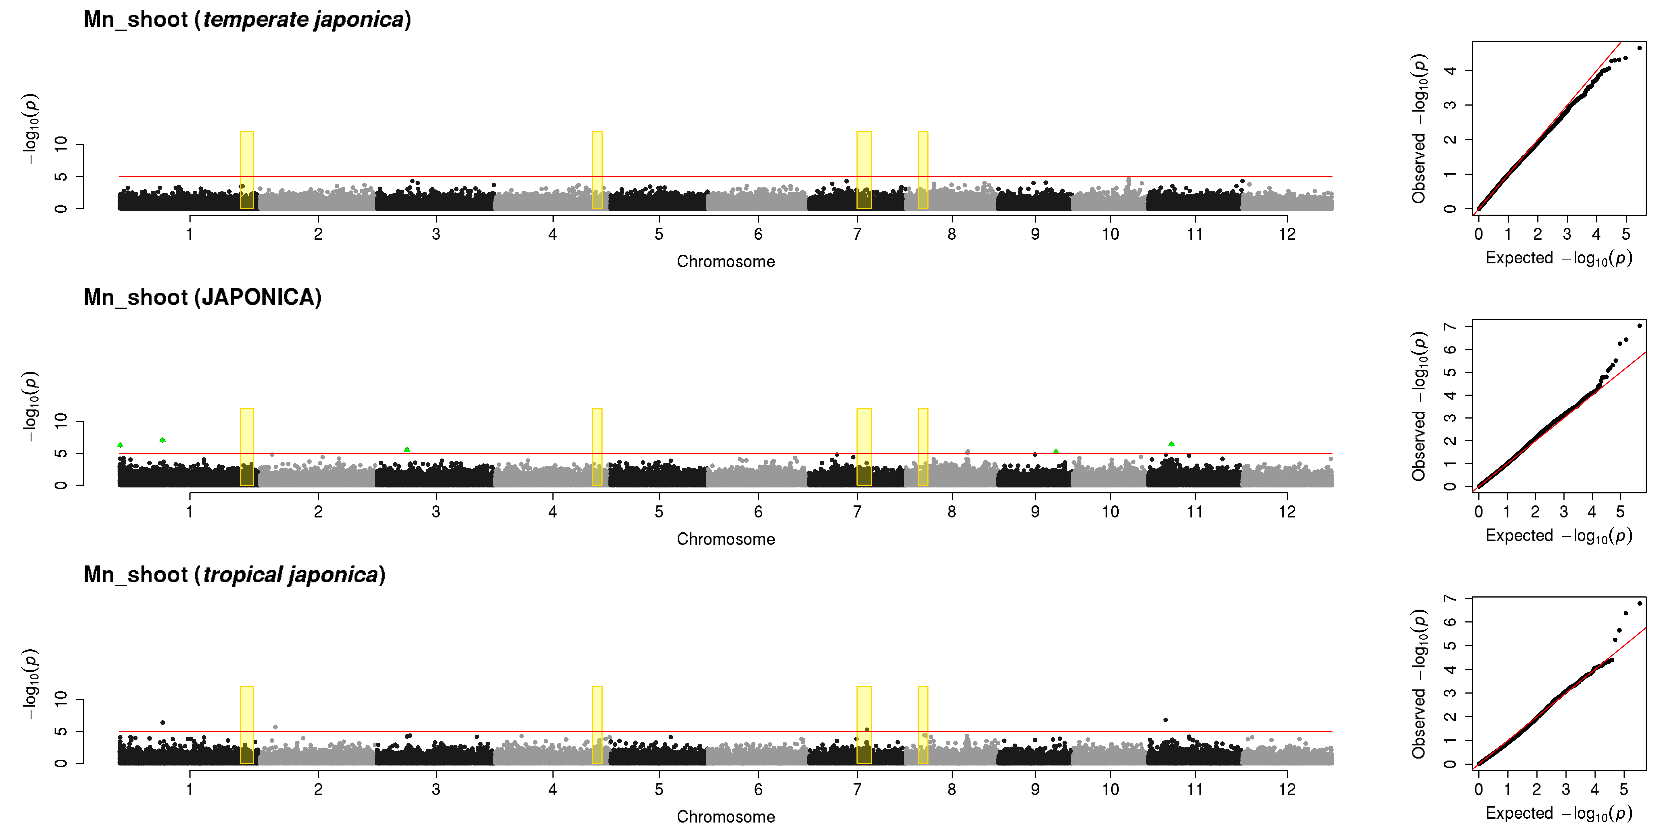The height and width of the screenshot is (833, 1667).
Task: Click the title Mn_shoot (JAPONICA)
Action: click(x=202, y=297)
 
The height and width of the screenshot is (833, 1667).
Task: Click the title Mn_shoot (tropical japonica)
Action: click(x=234, y=575)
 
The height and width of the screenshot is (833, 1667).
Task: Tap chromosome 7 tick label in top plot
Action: click(x=857, y=234)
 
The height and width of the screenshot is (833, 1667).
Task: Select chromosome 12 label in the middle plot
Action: click(x=1287, y=512)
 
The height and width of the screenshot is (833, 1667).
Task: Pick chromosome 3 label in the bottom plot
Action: click(x=436, y=789)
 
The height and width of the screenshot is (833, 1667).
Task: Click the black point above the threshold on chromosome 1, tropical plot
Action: click(x=162, y=722)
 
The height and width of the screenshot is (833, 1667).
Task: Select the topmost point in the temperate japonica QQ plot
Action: click(x=1639, y=48)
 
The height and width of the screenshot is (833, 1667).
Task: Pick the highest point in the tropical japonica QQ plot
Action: click(x=1639, y=603)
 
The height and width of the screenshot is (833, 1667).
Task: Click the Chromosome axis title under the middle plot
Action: click(x=725, y=539)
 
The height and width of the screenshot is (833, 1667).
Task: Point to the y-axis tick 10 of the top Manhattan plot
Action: click(x=61, y=144)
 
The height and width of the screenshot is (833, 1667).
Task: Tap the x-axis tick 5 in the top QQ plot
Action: click(x=1625, y=234)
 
